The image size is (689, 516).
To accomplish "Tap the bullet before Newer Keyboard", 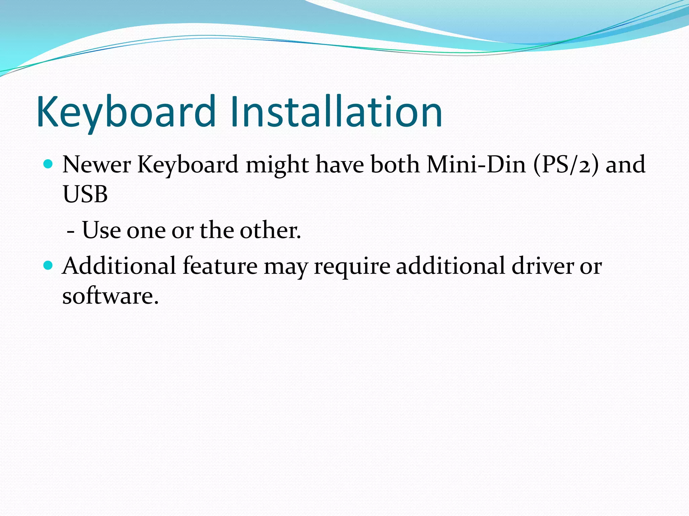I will coord(49,164).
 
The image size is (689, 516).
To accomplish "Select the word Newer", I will coord(97,165).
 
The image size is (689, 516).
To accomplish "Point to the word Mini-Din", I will coord(476,165).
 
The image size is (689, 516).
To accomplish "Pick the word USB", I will coord(85,195).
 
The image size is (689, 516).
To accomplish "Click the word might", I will coord(277,165).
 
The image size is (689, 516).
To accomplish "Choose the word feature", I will coord(220,266).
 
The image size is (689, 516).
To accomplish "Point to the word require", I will coord(352,266).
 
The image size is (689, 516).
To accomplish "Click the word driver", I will coord(543,266).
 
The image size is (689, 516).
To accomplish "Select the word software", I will coord(110,296).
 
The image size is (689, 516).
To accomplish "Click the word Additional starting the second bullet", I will coord(119,266).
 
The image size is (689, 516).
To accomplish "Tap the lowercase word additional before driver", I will coord(450,266).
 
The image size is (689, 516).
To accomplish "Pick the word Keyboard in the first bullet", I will coord(188,165).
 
